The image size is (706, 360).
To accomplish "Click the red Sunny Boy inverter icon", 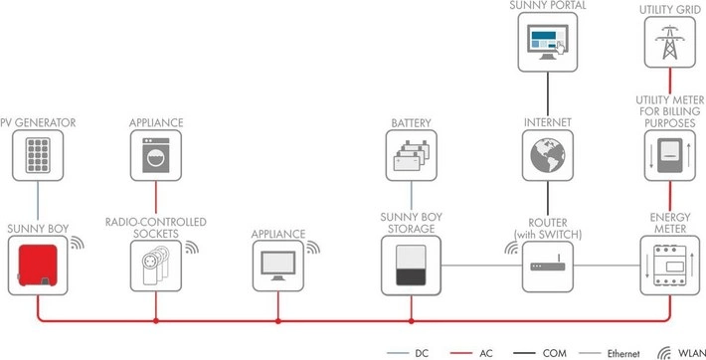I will click(40, 264).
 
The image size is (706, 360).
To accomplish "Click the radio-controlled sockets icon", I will click(156, 267).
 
